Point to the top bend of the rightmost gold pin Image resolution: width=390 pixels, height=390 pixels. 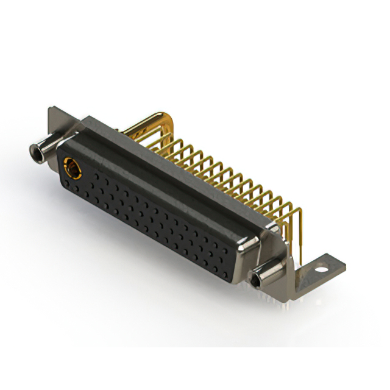[296, 210]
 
